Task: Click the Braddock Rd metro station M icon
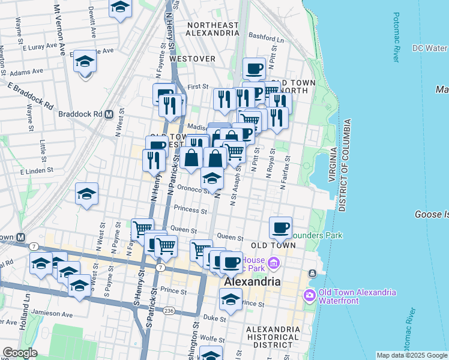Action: [x=109, y=114]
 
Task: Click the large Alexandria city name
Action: [x=252, y=281]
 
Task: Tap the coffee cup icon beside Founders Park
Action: [x=281, y=228]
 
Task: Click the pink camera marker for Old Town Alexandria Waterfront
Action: [x=310, y=294]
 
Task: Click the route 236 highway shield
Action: [x=170, y=310]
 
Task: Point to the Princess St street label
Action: [x=190, y=209]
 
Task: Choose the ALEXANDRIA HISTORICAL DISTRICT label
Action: [x=272, y=337]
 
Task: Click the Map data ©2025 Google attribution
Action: [x=411, y=355]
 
